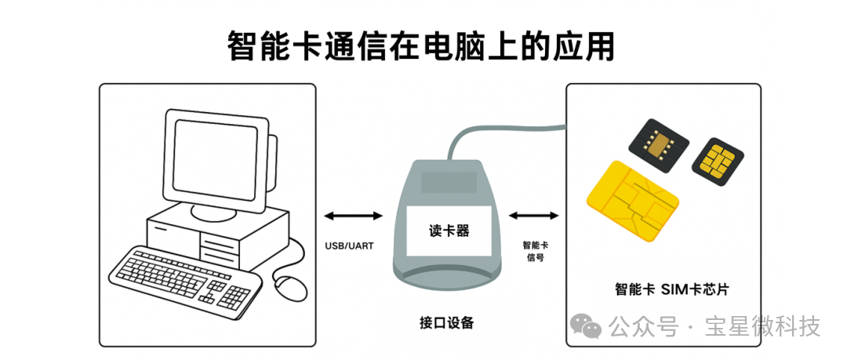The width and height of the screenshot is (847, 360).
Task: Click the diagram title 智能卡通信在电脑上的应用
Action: [x=421, y=47]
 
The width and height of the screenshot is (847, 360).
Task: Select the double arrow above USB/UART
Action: [x=353, y=216]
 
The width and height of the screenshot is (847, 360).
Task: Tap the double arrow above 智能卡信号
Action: [x=534, y=216]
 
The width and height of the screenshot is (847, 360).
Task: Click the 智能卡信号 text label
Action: [x=536, y=251]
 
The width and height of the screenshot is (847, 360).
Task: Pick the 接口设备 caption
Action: [x=446, y=322]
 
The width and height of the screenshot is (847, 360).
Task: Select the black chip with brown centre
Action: [x=659, y=144]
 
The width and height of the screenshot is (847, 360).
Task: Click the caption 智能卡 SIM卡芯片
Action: [x=672, y=289]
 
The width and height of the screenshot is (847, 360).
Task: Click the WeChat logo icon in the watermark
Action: [x=586, y=326]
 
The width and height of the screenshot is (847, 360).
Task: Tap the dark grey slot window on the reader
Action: [x=449, y=183]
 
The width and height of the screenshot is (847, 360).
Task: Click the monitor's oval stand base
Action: [x=214, y=213]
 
